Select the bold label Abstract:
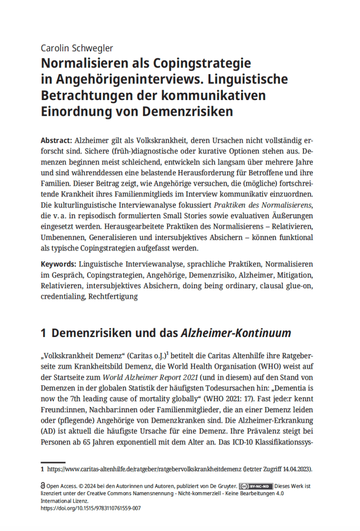point(57,141)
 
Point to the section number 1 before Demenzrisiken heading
point(44,333)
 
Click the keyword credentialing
point(63,297)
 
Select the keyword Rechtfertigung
point(113,297)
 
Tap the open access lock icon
point(43,487)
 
